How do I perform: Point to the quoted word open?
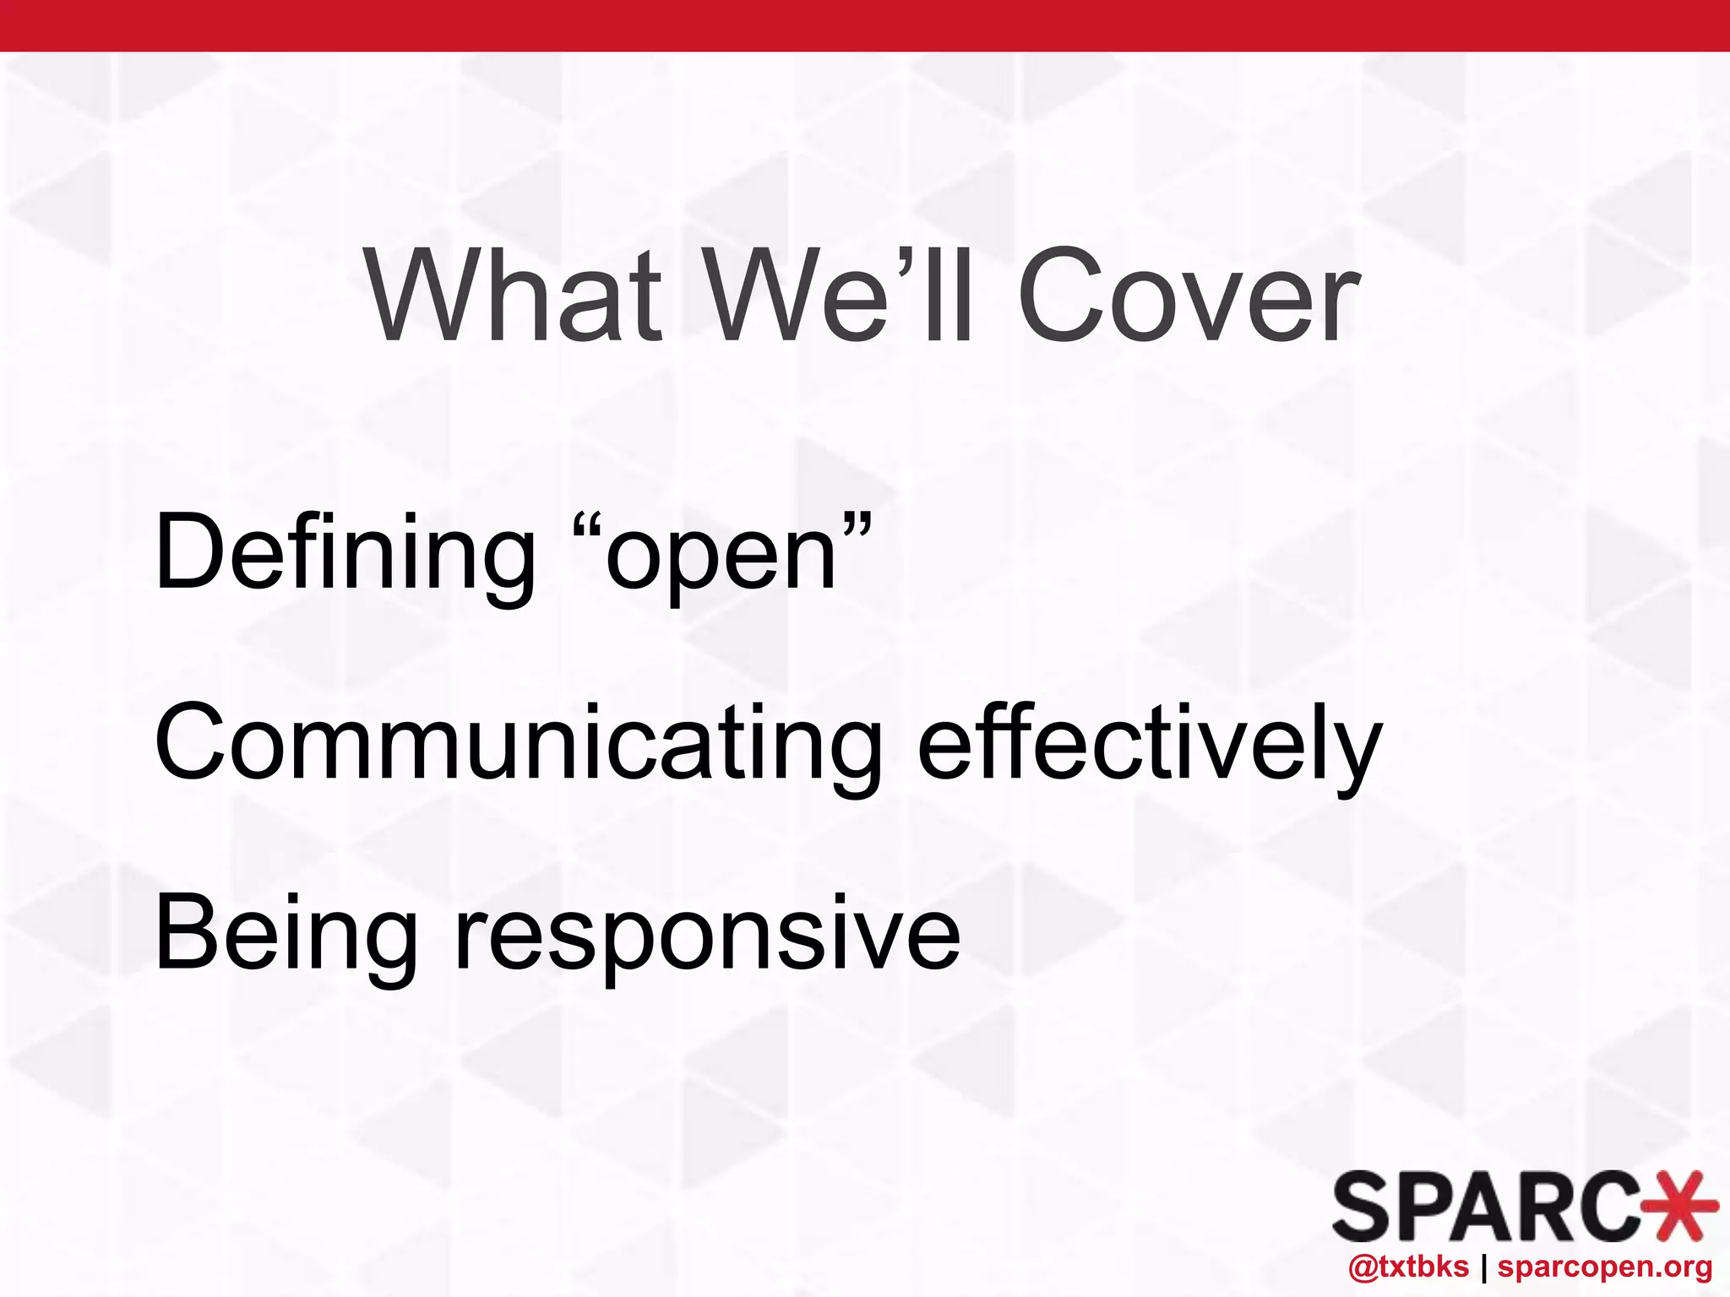pos(720,557)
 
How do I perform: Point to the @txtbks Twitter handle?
pos(1409,1267)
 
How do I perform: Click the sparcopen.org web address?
pos(1605,1267)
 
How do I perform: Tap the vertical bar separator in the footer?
pos(1483,1267)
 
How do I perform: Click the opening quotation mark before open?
pos(587,531)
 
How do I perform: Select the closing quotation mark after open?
pos(855,531)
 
